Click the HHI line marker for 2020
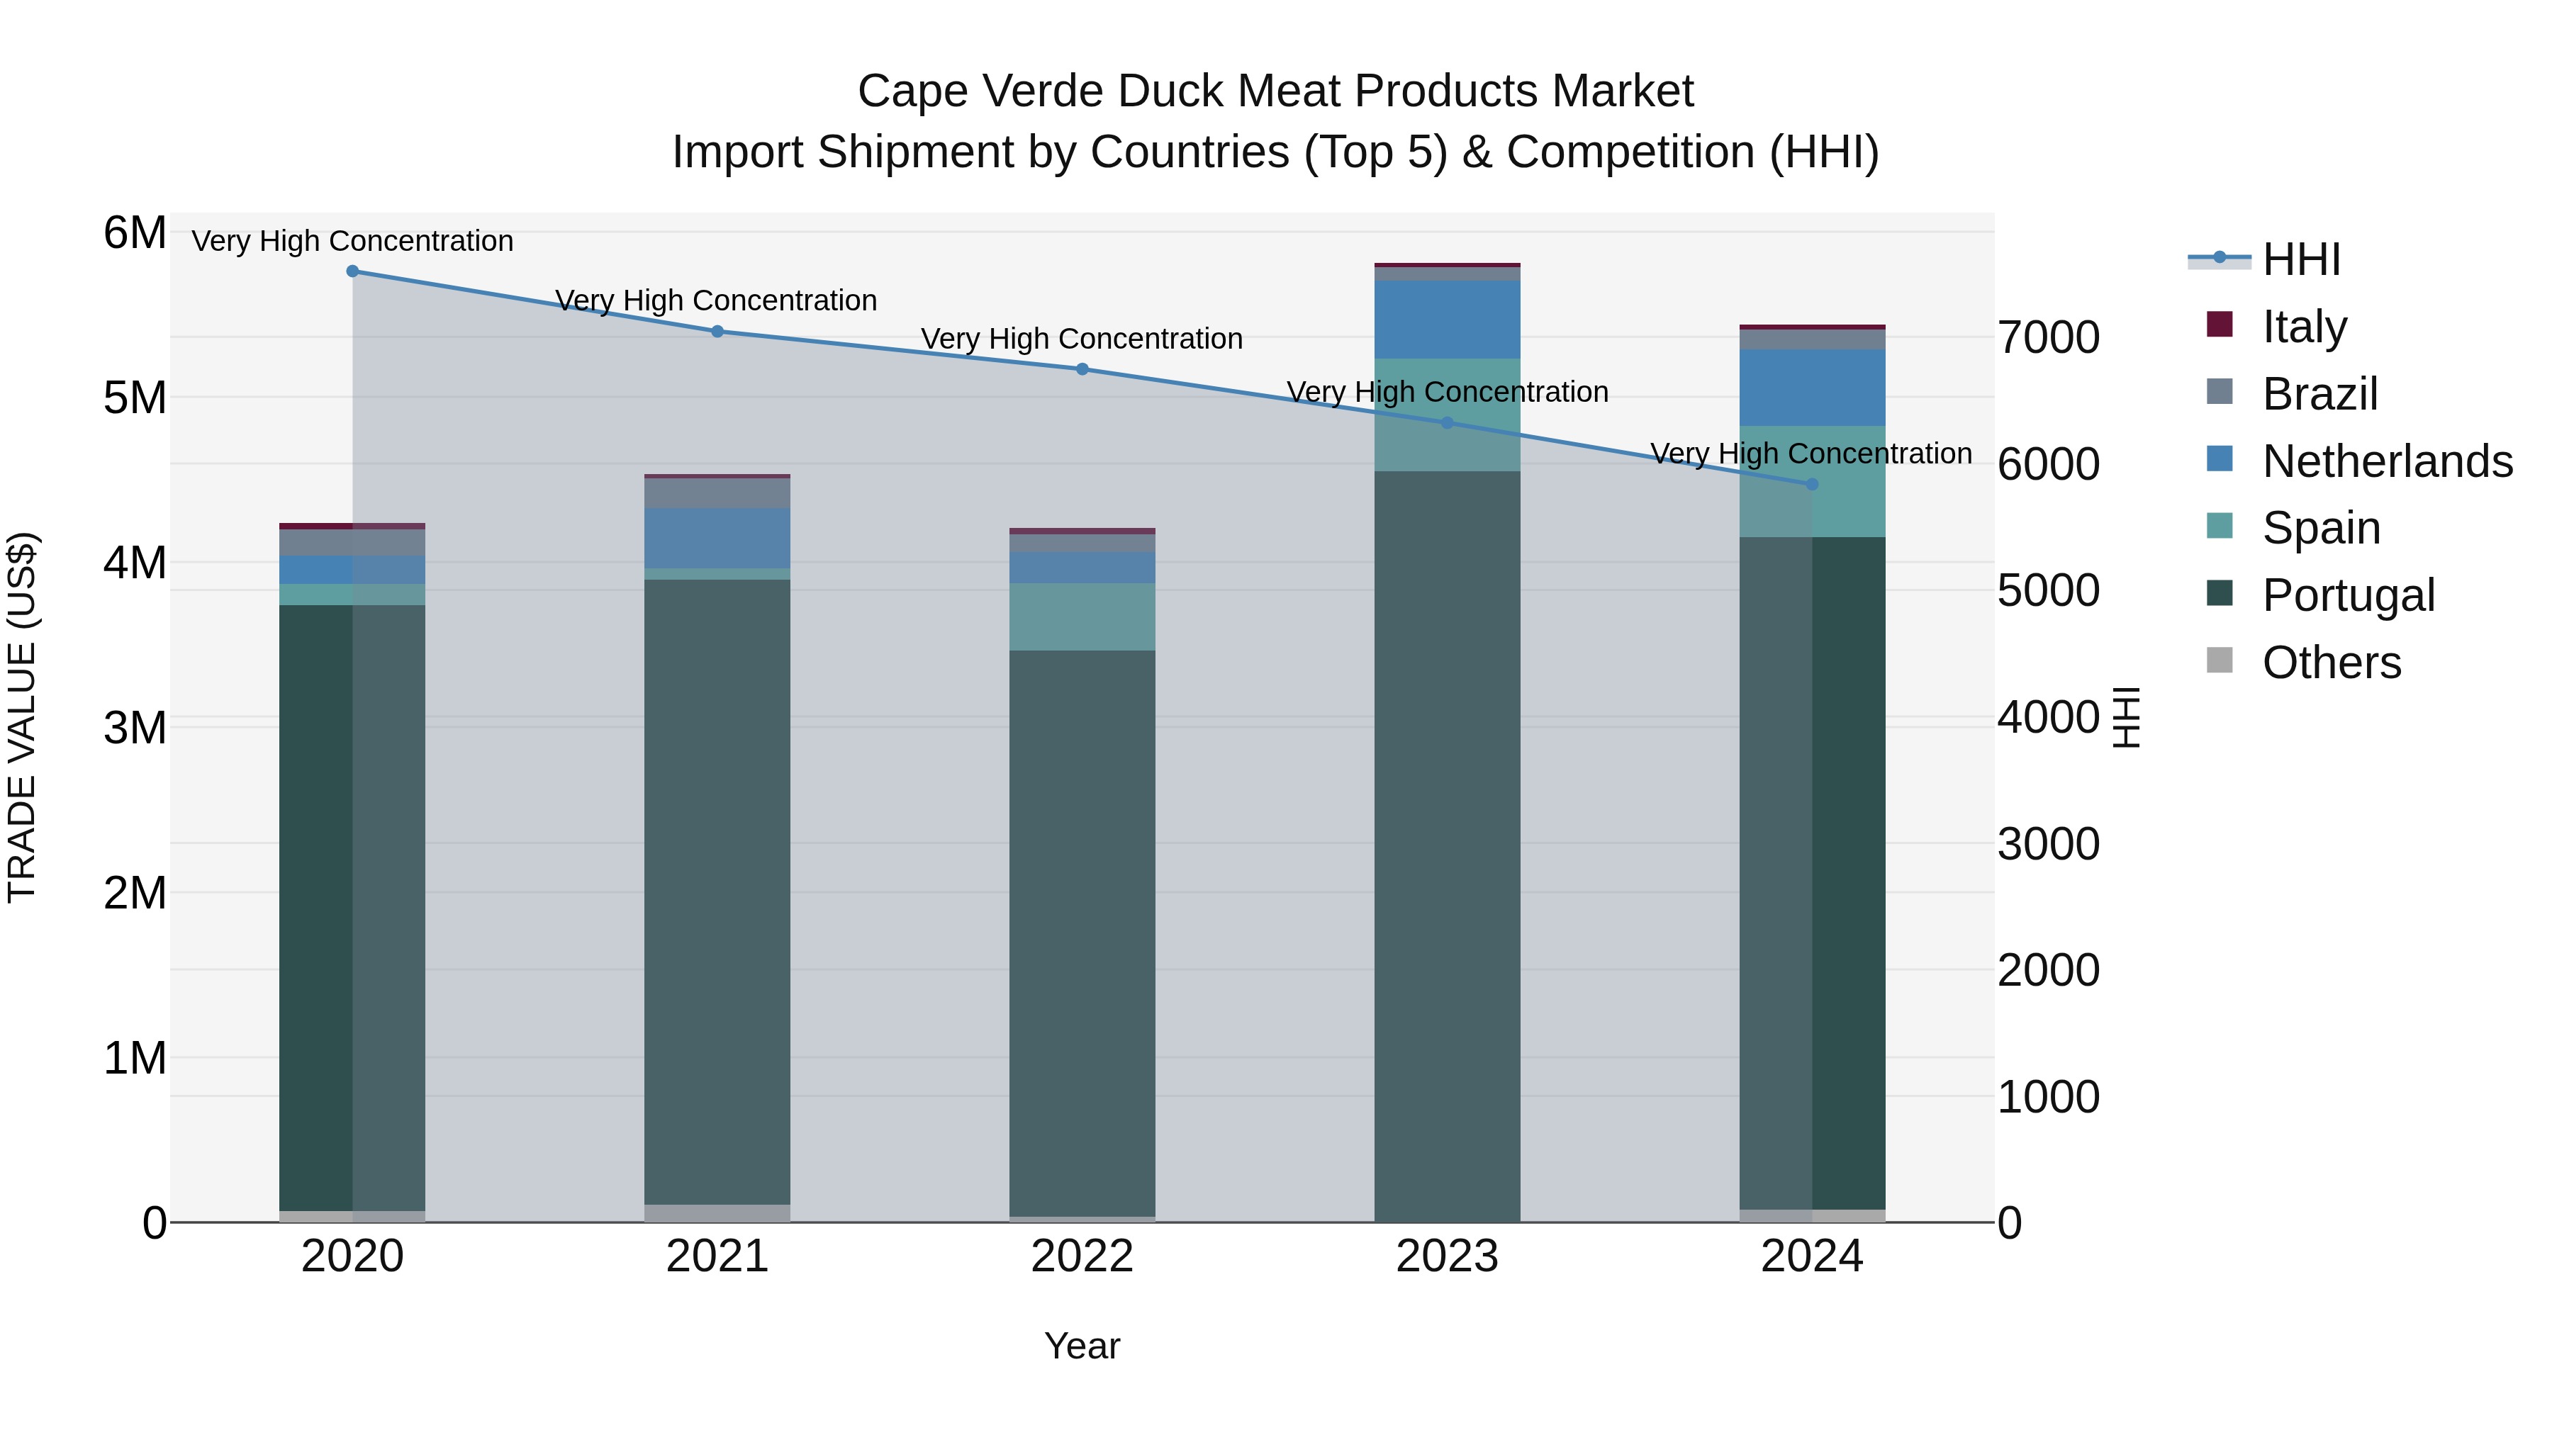(x=353, y=271)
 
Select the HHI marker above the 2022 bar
(x=1082, y=369)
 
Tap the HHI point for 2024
(x=1812, y=484)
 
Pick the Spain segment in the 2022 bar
(x=1082, y=616)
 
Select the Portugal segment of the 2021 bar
(x=717, y=891)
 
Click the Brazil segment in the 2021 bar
(x=717, y=493)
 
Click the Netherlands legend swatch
(x=2220, y=459)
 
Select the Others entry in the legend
(x=2330, y=662)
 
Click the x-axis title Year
(x=1082, y=1346)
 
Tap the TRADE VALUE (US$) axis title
(x=22, y=717)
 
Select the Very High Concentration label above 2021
(x=715, y=300)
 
